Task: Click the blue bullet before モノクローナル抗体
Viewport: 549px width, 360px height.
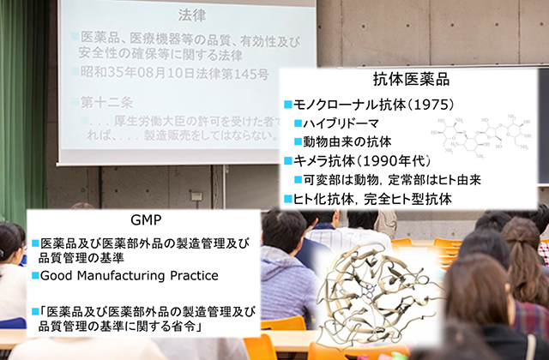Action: tap(287, 105)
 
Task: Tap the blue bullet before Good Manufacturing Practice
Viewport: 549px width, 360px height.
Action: tap(36, 276)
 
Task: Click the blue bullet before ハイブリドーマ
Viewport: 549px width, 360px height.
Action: tap(296, 123)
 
